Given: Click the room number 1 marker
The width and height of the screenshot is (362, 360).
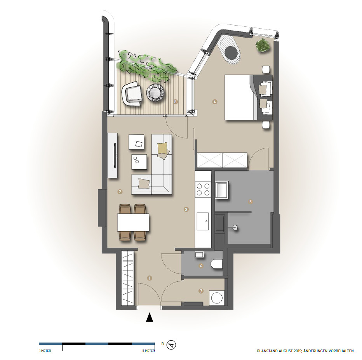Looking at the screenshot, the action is [150, 278].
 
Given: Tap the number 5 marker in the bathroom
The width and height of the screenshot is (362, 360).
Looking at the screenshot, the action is [251, 202].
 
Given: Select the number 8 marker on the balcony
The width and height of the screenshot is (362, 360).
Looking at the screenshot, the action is [176, 102].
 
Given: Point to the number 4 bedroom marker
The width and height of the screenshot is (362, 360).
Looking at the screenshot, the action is [215, 102].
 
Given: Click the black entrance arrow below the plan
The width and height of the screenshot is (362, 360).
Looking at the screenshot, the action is [150, 317].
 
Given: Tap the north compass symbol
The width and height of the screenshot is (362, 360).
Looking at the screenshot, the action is [171, 345].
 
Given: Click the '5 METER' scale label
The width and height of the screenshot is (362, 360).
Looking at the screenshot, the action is [148, 351].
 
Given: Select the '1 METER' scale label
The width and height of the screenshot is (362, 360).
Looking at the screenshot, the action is [45, 351].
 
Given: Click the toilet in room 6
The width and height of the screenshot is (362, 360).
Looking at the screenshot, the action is [217, 264].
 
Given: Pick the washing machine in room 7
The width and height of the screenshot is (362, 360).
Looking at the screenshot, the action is [217, 298].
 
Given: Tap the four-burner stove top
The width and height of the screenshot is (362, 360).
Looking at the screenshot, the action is [203, 189].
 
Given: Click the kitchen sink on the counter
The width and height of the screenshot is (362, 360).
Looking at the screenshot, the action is [203, 222].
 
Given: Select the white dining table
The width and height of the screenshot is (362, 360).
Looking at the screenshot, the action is [133, 223].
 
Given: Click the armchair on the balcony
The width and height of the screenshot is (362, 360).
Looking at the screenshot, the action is [132, 93].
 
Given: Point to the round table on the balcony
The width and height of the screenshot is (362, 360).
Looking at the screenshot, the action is [155, 92].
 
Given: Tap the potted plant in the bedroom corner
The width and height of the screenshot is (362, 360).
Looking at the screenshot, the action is [263, 45].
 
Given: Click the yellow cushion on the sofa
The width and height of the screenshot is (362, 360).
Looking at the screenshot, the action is [162, 148].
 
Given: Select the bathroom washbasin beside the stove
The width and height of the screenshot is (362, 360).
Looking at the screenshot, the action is [222, 190].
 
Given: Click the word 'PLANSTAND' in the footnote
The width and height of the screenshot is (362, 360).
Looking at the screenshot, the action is [267, 351].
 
